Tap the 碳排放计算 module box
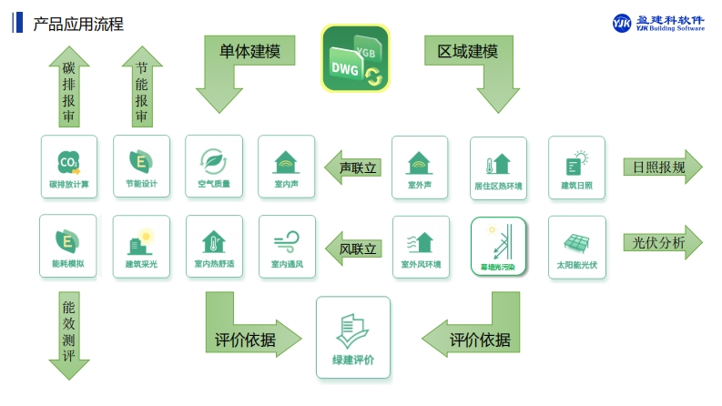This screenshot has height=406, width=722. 68,167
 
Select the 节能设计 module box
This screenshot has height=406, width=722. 141,167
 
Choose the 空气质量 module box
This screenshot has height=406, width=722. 214,167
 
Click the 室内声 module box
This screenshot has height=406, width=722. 287,167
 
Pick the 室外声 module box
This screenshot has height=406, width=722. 420,167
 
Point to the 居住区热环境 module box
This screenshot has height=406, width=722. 498,167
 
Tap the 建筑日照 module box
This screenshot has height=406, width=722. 576,167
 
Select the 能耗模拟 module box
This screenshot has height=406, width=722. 68,246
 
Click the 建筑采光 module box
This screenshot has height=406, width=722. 141,246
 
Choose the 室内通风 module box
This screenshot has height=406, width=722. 287,246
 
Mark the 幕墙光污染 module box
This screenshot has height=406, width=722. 498,246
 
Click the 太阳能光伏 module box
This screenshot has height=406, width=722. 576,246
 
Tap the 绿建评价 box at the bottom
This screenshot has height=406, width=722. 352,336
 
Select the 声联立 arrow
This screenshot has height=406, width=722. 352,167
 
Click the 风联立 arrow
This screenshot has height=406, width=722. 352,248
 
